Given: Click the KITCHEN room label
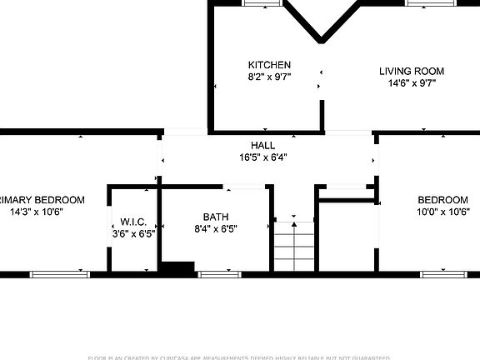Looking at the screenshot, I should click(x=269, y=65).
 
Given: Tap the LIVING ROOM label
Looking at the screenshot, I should click(x=412, y=72).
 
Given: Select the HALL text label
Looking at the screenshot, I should click(x=263, y=145).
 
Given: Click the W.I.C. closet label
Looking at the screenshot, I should click(x=133, y=222).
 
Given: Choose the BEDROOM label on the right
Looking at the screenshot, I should click(x=442, y=200).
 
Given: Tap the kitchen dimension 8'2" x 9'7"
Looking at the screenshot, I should click(x=269, y=77).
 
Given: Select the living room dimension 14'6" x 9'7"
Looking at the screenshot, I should click(x=412, y=83).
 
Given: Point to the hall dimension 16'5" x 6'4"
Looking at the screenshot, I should click(x=263, y=157).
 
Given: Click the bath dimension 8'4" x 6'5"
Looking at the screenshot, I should click(x=215, y=229).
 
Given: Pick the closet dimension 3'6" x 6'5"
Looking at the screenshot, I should click(x=133, y=234).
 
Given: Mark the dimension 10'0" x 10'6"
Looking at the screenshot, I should click(x=442, y=212).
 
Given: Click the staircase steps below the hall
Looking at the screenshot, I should click(x=293, y=246).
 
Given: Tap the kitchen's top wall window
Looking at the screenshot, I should click(x=260, y=2).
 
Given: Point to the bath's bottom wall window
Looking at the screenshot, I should click(x=219, y=273).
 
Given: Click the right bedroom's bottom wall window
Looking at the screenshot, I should click(x=442, y=273).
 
